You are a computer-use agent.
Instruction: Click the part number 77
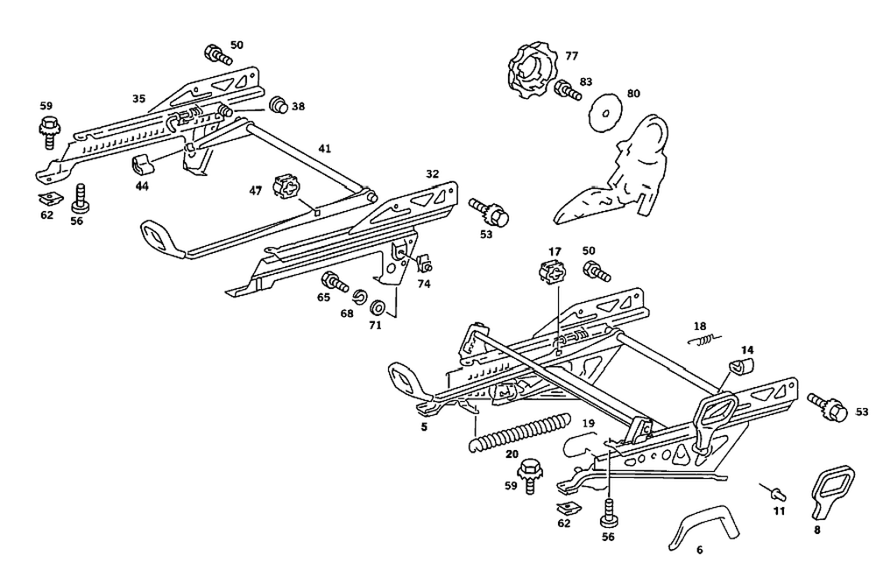(571, 56)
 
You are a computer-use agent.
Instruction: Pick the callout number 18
(700, 327)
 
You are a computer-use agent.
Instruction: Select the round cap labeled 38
(279, 106)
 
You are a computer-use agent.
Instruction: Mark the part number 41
(324, 150)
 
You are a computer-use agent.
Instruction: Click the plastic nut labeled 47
(287, 188)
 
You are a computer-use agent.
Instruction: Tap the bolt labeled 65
(334, 281)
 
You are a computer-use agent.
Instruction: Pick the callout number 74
(424, 285)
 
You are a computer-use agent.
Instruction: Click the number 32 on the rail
(432, 174)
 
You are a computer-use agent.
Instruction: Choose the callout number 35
(138, 99)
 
